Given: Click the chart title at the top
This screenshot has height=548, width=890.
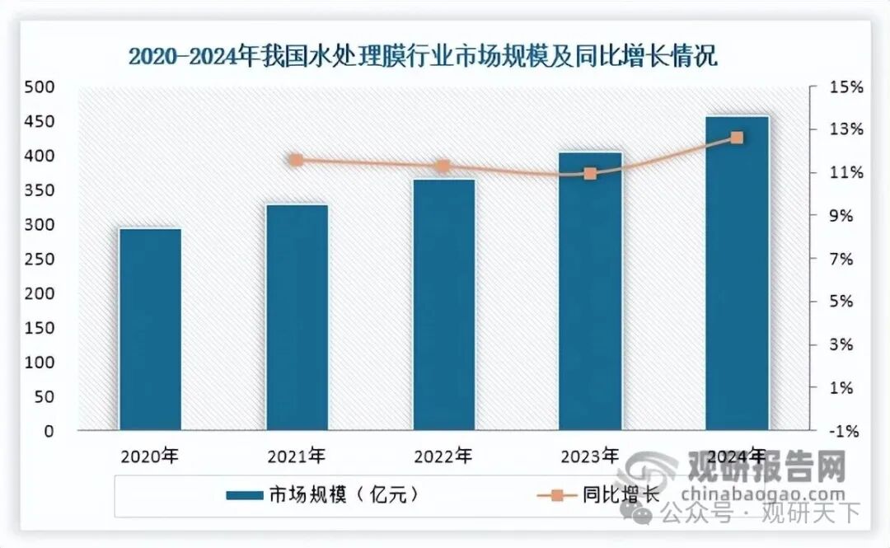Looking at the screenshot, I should click(x=422, y=57).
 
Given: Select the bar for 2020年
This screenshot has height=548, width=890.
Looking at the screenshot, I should click(x=150, y=330).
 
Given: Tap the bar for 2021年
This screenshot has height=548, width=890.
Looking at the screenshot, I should click(x=297, y=317).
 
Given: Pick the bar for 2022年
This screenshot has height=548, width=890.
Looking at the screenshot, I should click(x=443, y=305).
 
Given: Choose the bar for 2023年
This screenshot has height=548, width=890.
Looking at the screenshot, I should click(x=590, y=293).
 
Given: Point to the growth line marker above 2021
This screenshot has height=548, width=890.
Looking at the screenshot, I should click(x=297, y=160).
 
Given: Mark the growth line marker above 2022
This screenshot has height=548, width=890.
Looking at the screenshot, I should click(x=443, y=166).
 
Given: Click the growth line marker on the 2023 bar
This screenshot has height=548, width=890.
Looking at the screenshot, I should click(x=590, y=173).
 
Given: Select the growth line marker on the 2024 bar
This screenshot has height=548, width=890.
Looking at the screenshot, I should click(x=738, y=138).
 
